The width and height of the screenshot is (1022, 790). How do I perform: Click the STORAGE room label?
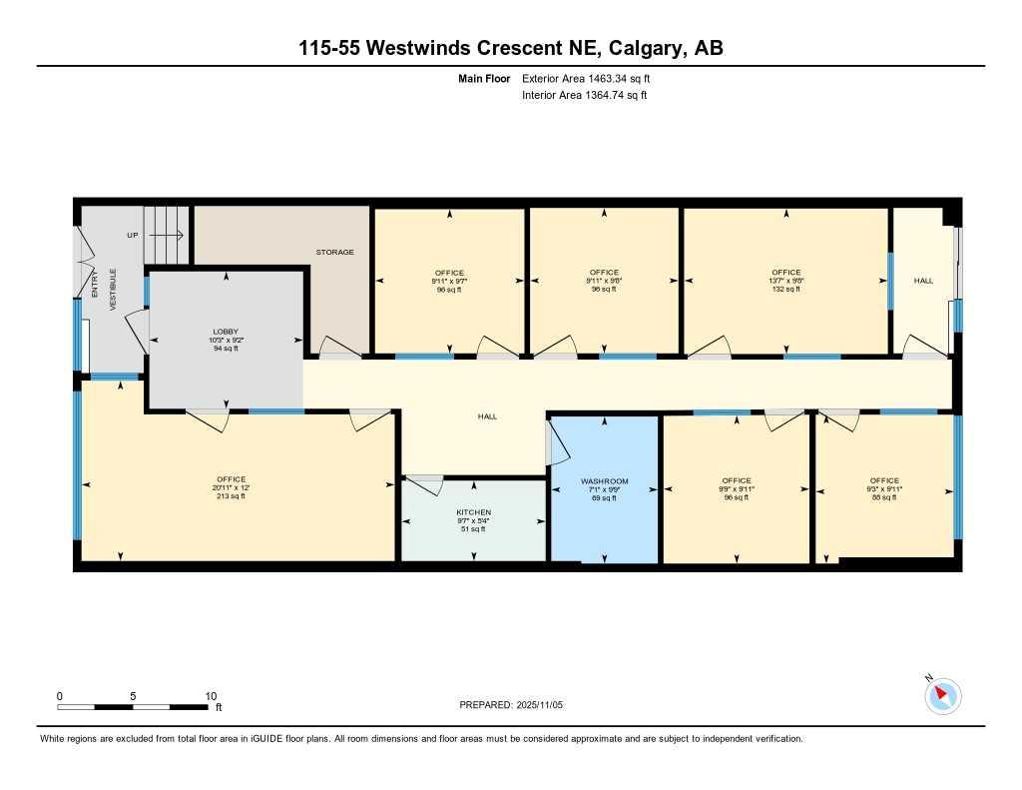click(x=334, y=252)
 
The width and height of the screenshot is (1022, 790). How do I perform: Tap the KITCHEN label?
click(x=473, y=512)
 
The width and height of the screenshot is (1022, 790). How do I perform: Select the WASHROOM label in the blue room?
click(x=605, y=481)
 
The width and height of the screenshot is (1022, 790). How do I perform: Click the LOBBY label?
click(x=226, y=332)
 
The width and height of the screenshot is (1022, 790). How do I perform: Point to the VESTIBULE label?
click(x=114, y=290)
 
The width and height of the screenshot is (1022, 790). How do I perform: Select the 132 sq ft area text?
click(x=785, y=289)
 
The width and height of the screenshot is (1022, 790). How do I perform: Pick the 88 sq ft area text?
click(x=883, y=496)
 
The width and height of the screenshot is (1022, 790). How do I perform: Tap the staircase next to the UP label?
click(x=166, y=236)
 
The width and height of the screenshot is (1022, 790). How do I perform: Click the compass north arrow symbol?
click(x=942, y=695)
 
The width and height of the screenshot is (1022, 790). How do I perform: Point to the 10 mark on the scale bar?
click(x=211, y=696)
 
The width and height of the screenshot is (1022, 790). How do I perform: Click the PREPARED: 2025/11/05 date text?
click(x=511, y=704)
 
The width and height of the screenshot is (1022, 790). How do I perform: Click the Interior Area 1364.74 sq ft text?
click(x=585, y=96)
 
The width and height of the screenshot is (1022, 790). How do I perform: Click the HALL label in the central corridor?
click(x=487, y=416)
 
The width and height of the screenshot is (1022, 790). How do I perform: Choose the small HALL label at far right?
click(x=923, y=281)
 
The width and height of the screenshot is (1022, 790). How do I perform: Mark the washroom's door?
click(x=550, y=441)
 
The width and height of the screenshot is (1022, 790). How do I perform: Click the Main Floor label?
click(x=484, y=78)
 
